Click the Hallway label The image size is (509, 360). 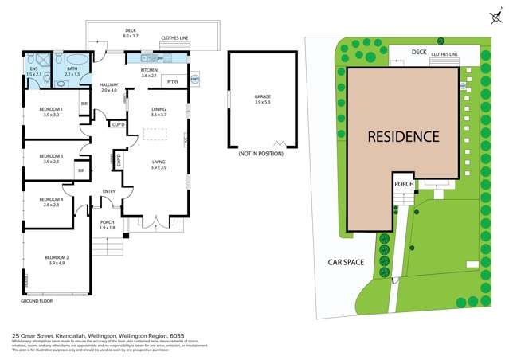pos(108,85)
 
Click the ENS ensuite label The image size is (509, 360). pos(33,69)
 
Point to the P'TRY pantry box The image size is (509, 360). pos(172,81)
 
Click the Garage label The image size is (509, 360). pos(262,96)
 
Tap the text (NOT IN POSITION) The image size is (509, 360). pos(260,154)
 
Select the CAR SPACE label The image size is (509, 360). pos(347,261)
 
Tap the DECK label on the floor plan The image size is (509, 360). pos(131,32)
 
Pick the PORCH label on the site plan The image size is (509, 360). pos(404,185)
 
